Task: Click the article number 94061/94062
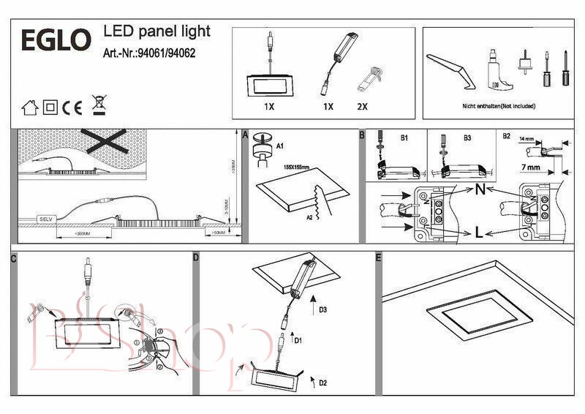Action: click(149, 53)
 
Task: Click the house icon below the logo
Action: click(29, 107)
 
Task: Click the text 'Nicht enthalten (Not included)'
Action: click(499, 106)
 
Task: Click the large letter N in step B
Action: click(480, 189)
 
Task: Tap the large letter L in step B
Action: click(478, 234)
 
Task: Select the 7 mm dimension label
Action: click(530, 168)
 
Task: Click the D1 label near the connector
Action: click(298, 340)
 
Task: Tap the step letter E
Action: click(378, 257)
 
